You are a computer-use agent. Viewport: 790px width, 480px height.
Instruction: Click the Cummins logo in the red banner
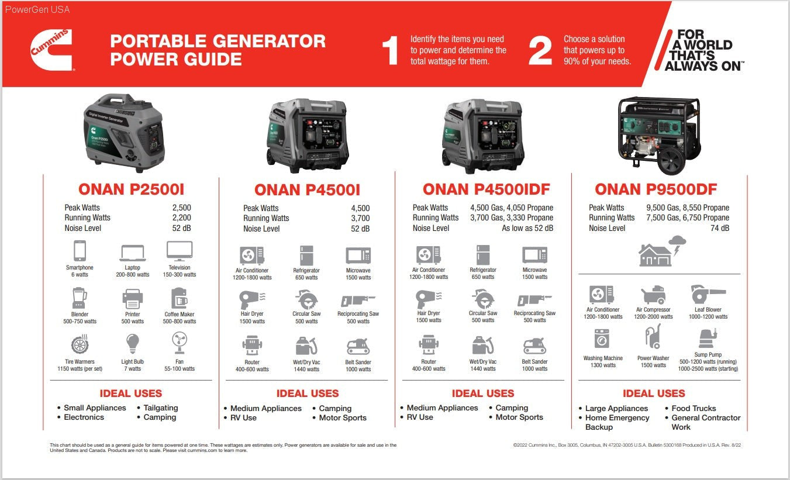click(51, 50)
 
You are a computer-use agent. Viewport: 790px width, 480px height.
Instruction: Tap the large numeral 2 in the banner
click(540, 51)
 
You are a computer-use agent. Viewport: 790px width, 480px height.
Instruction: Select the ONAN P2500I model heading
click(131, 189)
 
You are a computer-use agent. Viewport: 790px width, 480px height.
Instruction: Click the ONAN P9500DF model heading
click(656, 189)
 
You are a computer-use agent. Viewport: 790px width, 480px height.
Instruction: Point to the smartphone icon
click(80, 251)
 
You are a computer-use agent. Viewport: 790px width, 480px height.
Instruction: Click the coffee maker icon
click(179, 299)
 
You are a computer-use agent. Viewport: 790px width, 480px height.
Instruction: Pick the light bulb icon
click(132, 343)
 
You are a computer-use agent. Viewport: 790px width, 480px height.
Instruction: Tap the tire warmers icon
click(80, 345)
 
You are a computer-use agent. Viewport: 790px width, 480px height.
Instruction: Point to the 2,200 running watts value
click(181, 218)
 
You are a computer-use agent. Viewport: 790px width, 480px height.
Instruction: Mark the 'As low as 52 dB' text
click(527, 229)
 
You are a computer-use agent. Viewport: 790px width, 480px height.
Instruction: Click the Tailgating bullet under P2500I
click(160, 408)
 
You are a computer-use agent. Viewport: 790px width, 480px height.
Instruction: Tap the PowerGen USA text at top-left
click(37, 9)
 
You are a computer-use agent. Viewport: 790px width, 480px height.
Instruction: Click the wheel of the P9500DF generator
click(671, 160)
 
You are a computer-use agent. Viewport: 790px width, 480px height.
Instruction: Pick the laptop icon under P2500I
click(132, 253)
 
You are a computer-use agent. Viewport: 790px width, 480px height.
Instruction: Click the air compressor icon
click(653, 295)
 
